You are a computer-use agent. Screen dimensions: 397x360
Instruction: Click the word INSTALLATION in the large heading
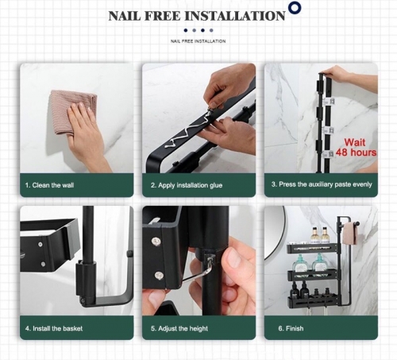[x=235, y=16]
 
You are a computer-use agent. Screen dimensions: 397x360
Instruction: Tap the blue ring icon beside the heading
[x=295, y=8]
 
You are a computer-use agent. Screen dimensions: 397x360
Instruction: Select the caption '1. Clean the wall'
[x=49, y=185]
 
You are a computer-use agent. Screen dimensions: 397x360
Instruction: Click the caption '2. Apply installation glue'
[x=187, y=185]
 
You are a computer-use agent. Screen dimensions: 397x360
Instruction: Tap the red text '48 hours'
[x=356, y=153]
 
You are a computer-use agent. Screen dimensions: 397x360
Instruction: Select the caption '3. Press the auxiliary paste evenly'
[x=322, y=184]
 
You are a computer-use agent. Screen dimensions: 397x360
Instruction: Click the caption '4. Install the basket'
[x=54, y=328]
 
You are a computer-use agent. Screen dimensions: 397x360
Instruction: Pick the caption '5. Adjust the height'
[x=179, y=328]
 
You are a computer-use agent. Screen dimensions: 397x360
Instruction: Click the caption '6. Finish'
[x=291, y=328]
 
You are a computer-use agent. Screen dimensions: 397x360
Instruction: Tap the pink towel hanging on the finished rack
[x=350, y=234]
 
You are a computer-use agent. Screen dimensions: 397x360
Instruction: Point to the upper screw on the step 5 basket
[x=155, y=241]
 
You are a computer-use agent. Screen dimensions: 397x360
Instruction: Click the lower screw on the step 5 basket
[x=159, y=276]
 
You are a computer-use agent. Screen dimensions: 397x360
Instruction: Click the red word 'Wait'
[x=355, y=142]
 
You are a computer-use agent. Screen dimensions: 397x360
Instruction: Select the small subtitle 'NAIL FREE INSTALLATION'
[x=198, y=41]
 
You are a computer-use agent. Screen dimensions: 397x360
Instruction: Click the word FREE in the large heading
[x=163, y=16]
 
